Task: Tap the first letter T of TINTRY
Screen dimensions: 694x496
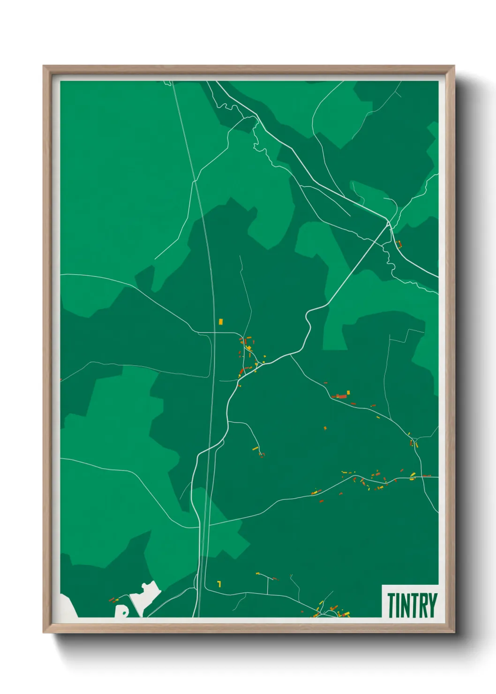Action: pos(391,605)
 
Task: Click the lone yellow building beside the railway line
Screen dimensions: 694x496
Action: pos(220,322)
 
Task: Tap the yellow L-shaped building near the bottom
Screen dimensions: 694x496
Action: pos(219,584)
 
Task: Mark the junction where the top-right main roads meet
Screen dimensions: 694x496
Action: pos(389,223)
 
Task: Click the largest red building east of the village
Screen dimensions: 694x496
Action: pos(341,397)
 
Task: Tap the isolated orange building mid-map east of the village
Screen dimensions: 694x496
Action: pos(325,428)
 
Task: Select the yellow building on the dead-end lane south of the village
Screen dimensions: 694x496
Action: pos(256,449)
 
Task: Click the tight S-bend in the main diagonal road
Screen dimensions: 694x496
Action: pos(308,324)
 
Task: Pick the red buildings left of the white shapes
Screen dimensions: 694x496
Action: pos(113,599)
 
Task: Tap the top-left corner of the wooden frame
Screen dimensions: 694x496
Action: pos(45,67)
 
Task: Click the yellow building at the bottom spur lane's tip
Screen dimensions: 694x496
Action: pos(257,573)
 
